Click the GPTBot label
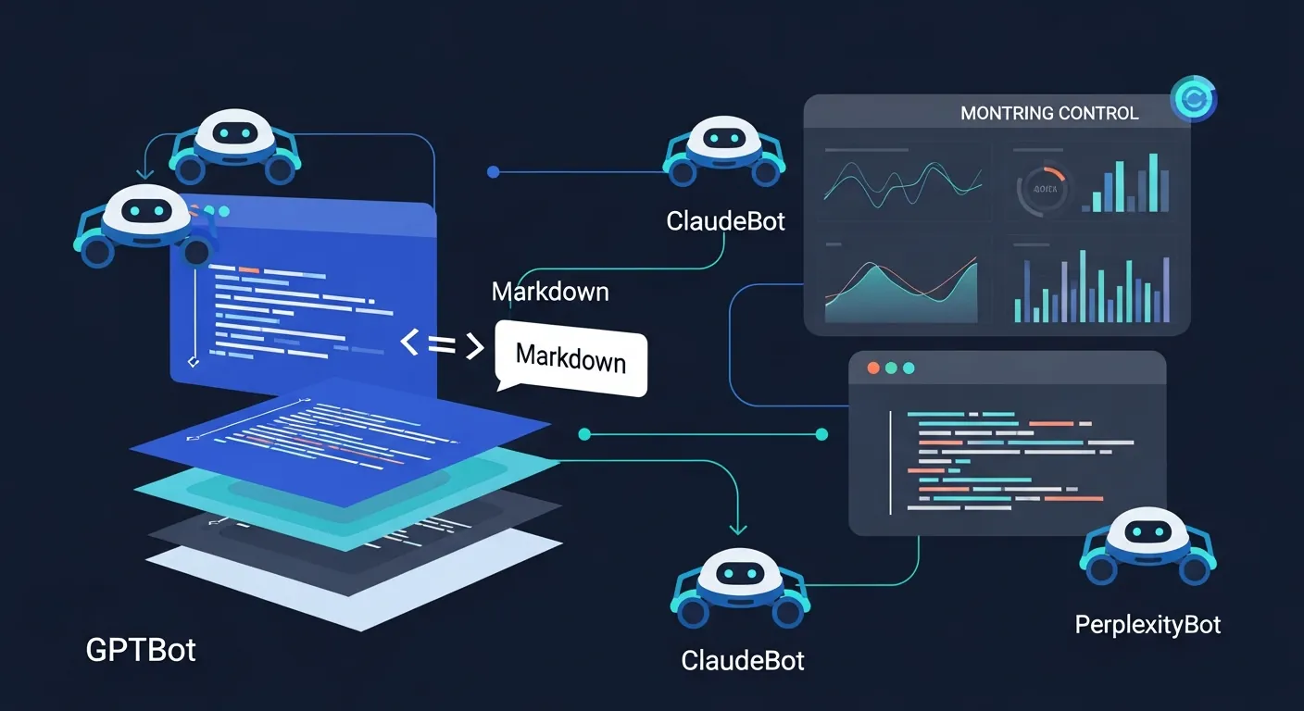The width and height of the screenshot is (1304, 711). tap(141, 650)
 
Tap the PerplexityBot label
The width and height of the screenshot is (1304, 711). tap(1147, 625)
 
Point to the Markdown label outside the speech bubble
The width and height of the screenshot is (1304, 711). tap(550, 292)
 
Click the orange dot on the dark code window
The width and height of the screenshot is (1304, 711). tap(871, 368)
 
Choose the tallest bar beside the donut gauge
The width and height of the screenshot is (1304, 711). tap(1154, 182)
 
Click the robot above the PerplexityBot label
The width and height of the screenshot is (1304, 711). tap(1148, 547)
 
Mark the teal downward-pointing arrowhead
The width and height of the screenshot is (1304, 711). tap(737, 529)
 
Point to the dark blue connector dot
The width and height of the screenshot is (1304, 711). tap(493, 171)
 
